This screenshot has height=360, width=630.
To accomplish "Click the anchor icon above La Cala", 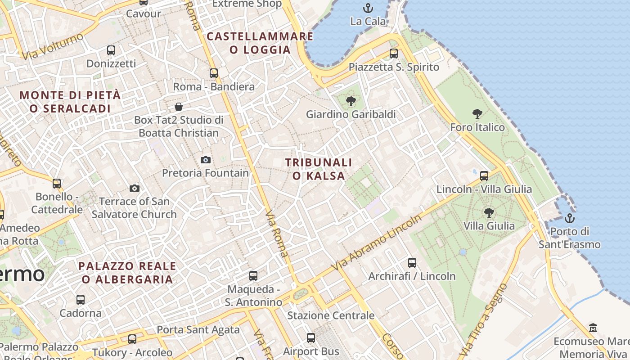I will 368,8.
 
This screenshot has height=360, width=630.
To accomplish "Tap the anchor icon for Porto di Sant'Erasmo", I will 570,218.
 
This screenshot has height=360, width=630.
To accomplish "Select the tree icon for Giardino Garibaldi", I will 351,101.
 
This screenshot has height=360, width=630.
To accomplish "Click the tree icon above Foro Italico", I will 477,114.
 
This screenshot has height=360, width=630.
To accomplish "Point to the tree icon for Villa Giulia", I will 489,212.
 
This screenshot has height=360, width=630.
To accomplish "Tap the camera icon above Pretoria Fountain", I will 205,160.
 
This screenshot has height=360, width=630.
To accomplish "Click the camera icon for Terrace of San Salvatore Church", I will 134,188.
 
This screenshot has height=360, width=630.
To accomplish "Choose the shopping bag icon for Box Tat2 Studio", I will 179,107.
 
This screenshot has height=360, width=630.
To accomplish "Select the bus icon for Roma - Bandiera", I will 214,73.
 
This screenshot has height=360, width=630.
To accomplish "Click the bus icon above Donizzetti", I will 111,50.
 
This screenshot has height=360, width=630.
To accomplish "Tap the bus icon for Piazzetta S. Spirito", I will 394,54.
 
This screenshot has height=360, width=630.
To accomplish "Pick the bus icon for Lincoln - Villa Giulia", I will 484,176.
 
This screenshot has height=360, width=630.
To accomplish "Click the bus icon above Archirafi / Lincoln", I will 412,263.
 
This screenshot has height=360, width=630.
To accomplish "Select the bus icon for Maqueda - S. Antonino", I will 253,275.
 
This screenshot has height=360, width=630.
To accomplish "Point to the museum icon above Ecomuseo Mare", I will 593,328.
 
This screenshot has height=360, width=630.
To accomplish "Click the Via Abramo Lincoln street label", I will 377,243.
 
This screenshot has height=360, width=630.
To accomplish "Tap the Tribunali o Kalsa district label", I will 319,169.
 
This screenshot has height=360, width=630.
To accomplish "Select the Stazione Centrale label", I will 331,315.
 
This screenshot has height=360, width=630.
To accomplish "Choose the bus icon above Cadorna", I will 81,299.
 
